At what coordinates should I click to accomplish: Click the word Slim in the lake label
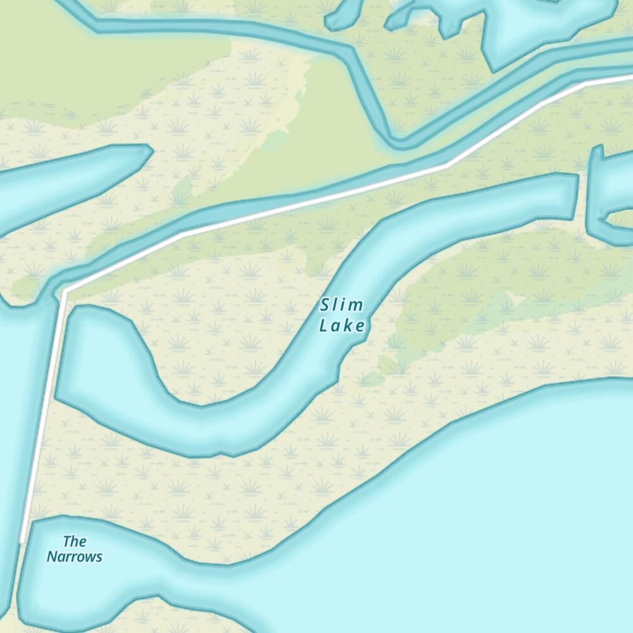342,306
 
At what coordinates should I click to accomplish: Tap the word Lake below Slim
342,326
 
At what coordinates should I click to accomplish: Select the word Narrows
74,557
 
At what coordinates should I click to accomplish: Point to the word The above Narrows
75,541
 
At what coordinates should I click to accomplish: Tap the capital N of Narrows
51,557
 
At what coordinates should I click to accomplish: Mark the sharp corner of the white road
65,292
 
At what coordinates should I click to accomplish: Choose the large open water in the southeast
494,519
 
